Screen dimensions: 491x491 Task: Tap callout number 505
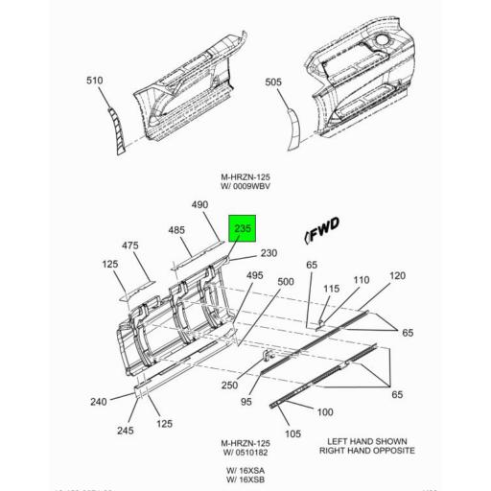273,82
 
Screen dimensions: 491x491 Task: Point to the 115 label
331,289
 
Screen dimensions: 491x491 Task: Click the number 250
229,385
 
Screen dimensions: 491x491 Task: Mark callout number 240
98,402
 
